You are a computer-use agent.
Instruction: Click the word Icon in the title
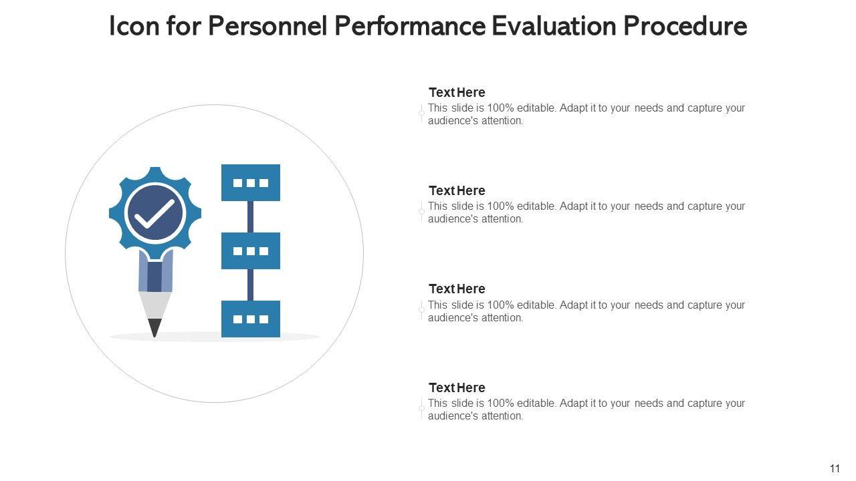[131, 27]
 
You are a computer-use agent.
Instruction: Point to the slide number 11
[835, 469]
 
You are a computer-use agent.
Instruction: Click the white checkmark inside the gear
[154, 213]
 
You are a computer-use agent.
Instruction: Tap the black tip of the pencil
[154, 327]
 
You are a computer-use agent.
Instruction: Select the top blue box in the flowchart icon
[251, 182]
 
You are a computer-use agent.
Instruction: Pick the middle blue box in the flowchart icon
[251, 251]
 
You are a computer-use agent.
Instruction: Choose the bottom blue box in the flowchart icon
[251, 319]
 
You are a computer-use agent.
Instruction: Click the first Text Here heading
[457, 92]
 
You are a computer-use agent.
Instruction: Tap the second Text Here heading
[457, 190]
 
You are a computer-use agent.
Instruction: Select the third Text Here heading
[457, 289]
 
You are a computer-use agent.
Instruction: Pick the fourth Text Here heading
[457, 387]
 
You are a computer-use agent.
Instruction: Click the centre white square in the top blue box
[251, 182]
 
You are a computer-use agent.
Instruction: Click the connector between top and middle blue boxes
[251, 217]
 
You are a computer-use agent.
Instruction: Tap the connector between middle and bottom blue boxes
[251, 285]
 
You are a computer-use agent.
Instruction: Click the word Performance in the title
[409, 27]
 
